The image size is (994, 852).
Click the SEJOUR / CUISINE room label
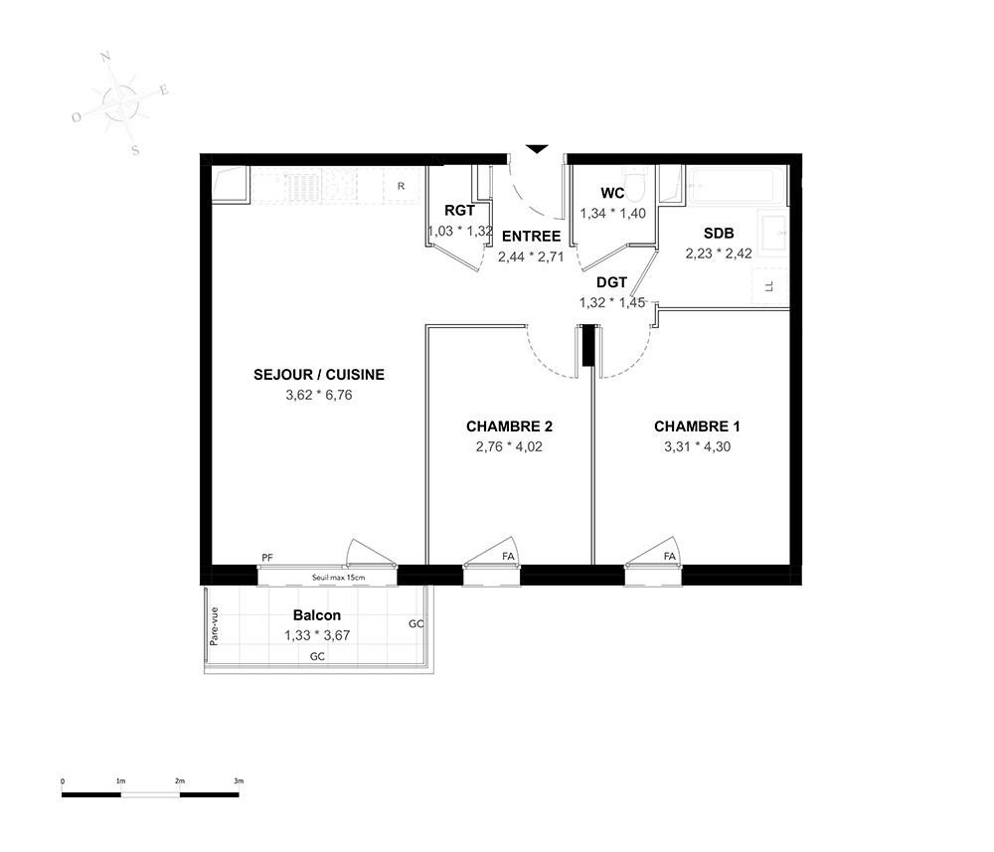tap(319, 375)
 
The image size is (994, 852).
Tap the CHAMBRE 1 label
tap(697, 426)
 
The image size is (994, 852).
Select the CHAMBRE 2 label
tap(509, 426)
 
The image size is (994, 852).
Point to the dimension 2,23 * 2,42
tap(719, 254)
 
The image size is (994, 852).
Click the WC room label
tap(612, 193)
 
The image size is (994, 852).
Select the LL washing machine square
tap(769, 286)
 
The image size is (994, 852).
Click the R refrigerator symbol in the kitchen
tap(401, 186)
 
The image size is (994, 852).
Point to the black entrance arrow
tap(537, 149)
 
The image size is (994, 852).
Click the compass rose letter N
tap(106, 57)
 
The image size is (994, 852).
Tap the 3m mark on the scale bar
tap(239, 781)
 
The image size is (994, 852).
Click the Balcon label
tap(317, 615)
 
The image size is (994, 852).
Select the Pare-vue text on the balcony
tap(214, 626)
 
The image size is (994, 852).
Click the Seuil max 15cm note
tap(339, 578)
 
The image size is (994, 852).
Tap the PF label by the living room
tap(267, 558)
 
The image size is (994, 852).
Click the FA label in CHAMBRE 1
tap(670, 557)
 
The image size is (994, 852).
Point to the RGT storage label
tap(459, 211)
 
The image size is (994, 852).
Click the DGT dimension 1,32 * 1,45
tap(611, 303)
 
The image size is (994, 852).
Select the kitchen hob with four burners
tap(339, 185)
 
